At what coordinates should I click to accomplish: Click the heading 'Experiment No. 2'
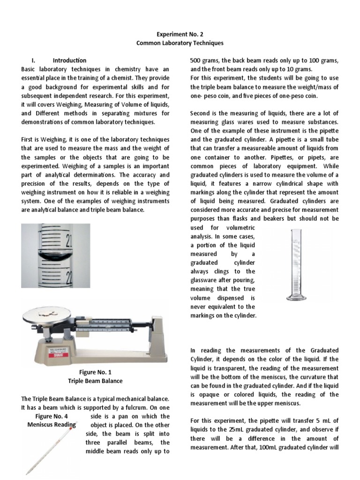tap(180, 34)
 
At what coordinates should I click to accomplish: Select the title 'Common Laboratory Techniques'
tap(180, 43)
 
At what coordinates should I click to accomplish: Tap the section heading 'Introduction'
tap(69, 60)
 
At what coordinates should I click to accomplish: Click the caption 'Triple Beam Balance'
tap(96, 381)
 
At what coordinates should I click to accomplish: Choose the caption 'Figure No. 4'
tap(52, 416)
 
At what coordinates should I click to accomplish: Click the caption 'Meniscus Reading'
tap(52, 425)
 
